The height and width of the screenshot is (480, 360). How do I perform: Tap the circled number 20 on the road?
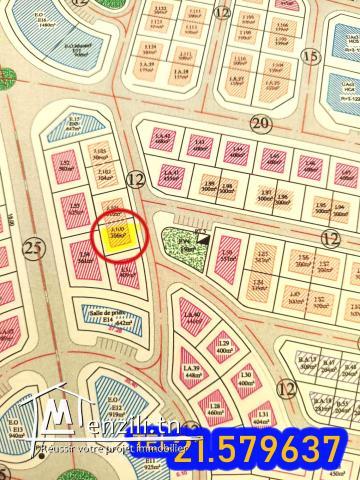coord(262,124)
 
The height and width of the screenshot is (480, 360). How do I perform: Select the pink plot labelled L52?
coord(67,170)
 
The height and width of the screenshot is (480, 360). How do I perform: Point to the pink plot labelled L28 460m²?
coord(212,406)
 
